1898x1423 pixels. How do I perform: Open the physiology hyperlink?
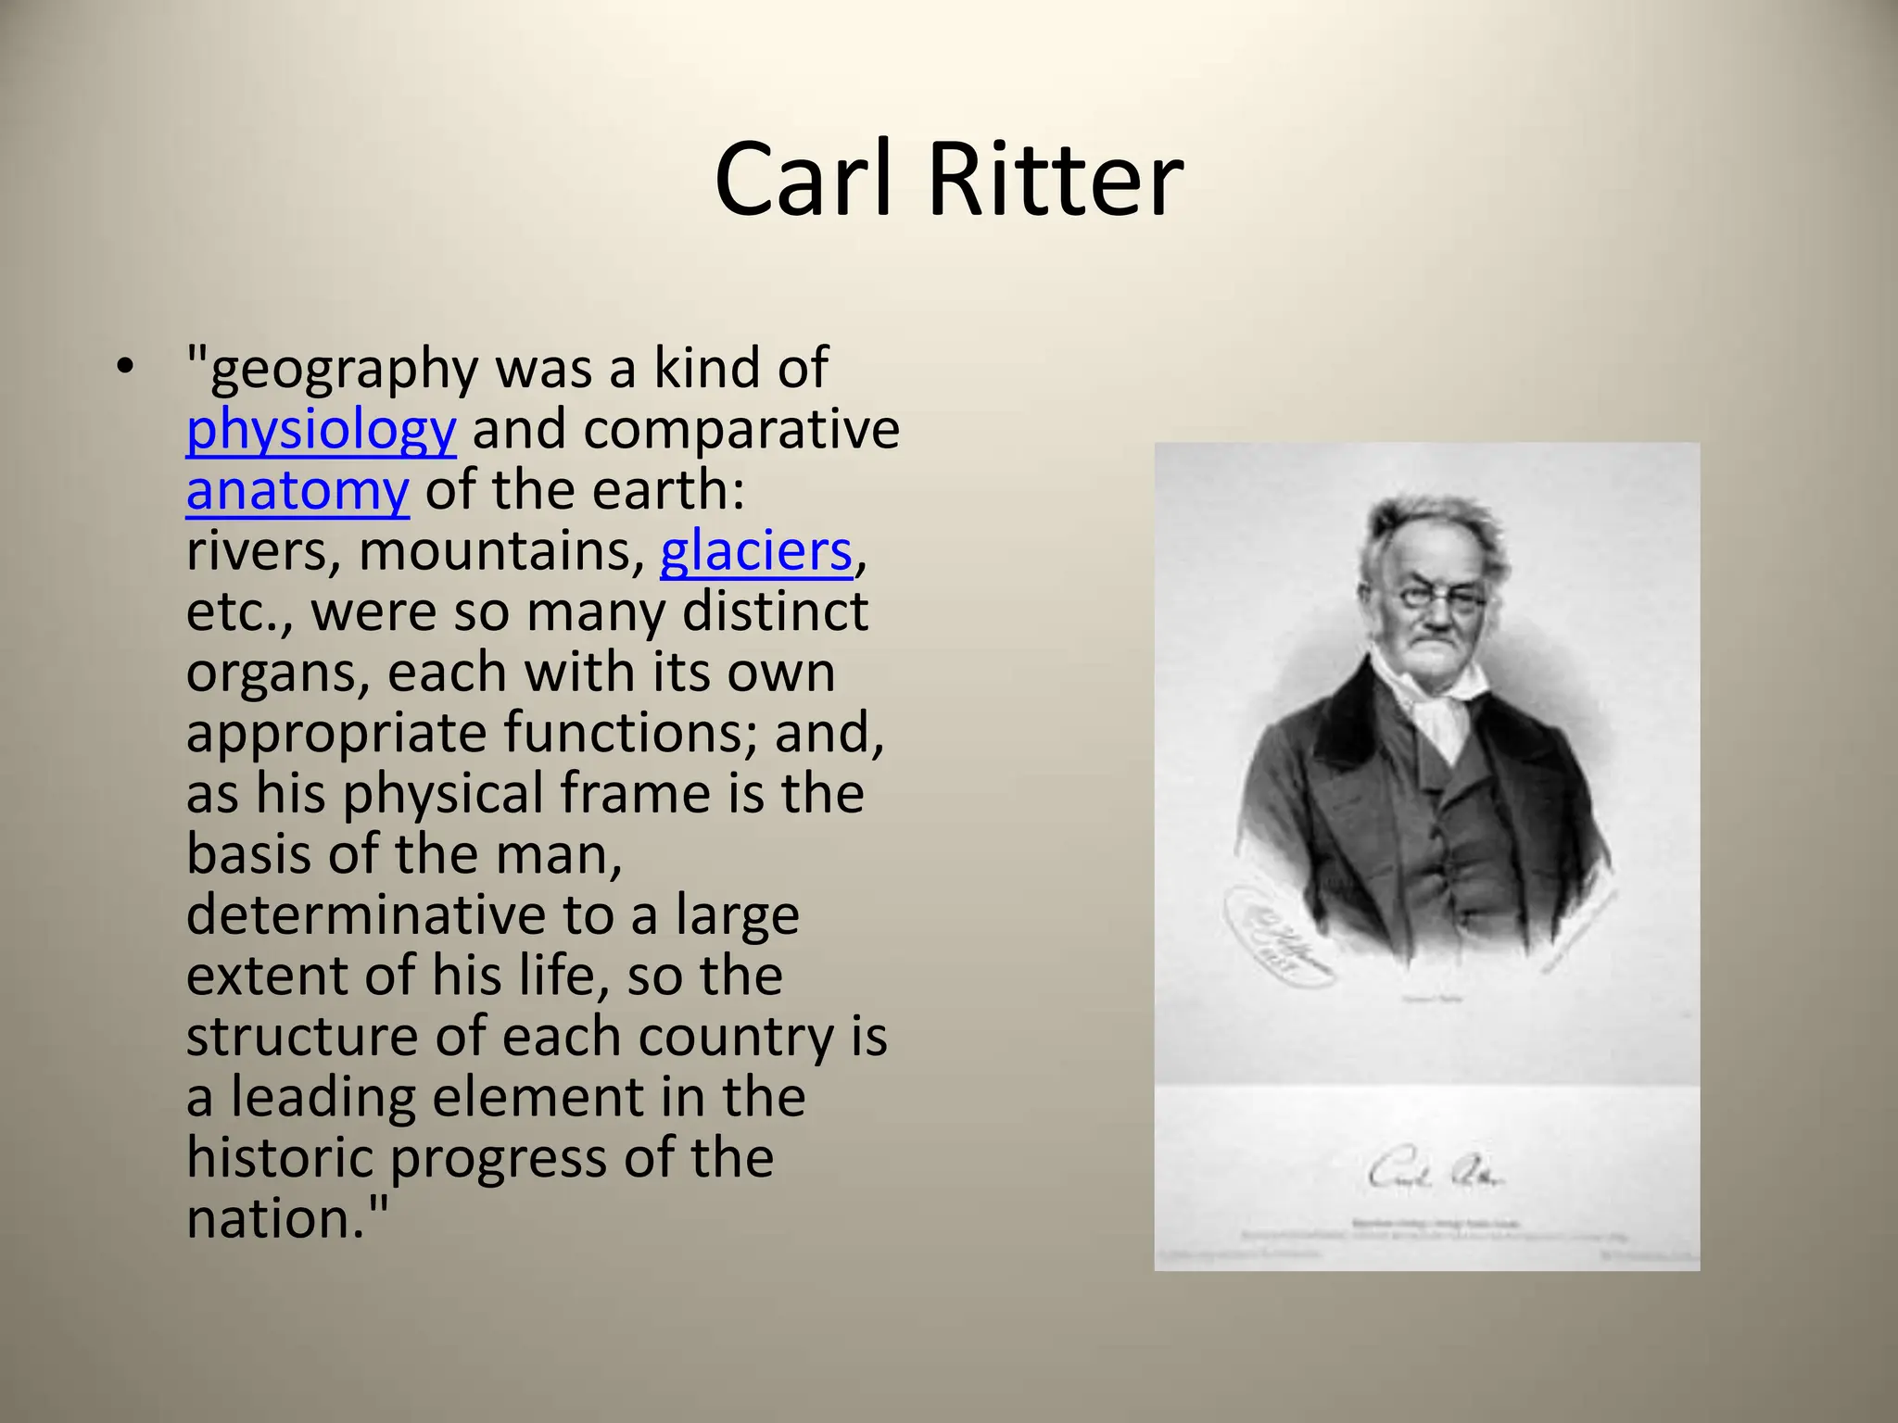[321, 430]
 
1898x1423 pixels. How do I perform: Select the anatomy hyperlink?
[297, 491]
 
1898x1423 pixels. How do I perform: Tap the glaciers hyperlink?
[755, 552]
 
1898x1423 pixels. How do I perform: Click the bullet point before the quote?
[125, 368]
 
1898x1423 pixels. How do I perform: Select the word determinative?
[366, 915]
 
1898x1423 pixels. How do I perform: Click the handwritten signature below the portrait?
[1435, 1175]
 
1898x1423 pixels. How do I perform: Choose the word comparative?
[741, 430]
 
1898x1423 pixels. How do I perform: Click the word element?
[538, 1098]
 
